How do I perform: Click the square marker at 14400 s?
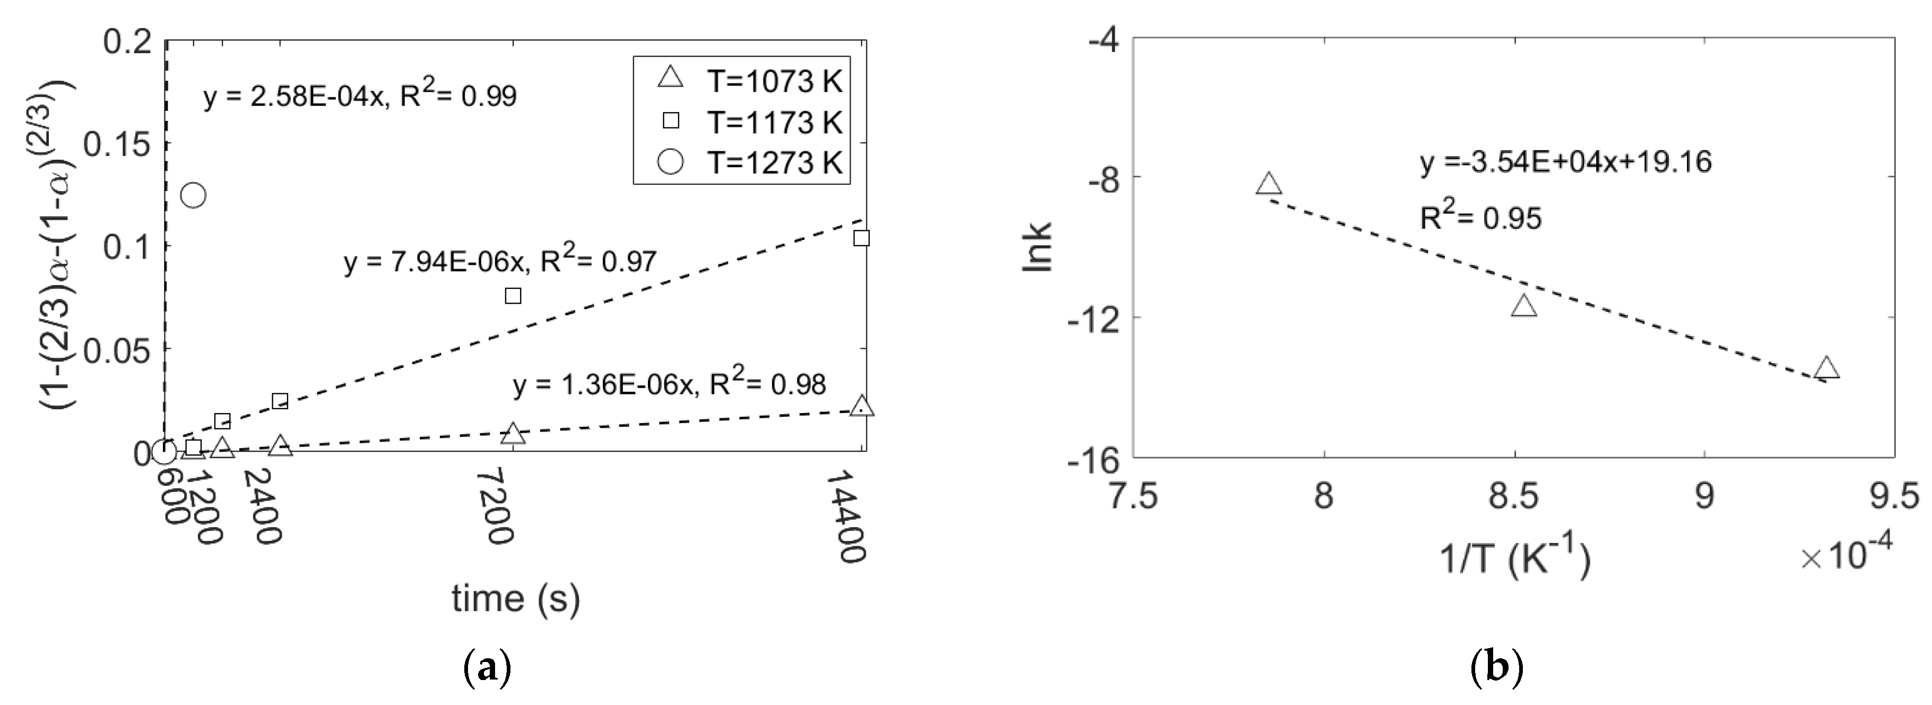point(861,238)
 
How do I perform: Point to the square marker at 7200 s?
point(513,296)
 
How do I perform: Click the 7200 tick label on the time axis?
point(497,506)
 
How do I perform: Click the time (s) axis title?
point(516,598)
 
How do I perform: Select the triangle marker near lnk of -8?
point(1268,184)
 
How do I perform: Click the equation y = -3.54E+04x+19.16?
point(1566,162)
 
